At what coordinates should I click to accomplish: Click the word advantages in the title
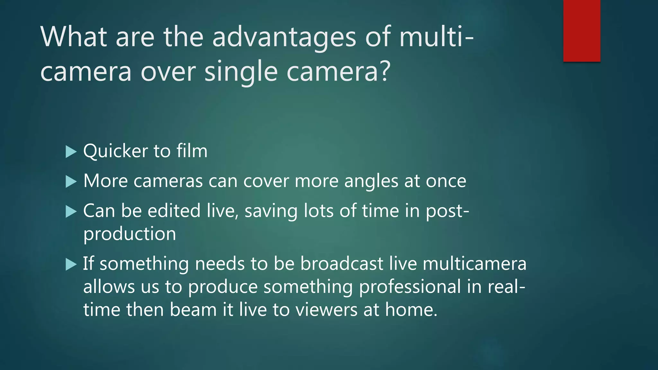click(x=284, y=37)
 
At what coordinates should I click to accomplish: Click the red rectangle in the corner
click(x=582, y=31)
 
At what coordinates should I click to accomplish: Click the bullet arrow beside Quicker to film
click(x=71, y=152)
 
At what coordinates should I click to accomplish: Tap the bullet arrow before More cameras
click(x=71, y=182)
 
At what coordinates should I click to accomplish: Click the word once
click(x=446, y=181)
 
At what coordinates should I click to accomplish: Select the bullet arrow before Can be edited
click(x=71, y=212)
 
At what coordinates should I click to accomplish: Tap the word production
click(x=129, y=234)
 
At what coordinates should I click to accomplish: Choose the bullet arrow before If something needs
click(x=71, y=265)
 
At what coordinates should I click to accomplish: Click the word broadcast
click(x=342, y=264)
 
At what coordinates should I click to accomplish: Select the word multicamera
click(x=474, y=264)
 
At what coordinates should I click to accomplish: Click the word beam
click(x=193, y=310)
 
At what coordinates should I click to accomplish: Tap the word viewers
click(x=326, y=310)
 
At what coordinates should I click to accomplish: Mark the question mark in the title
click(x=385, y=71)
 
